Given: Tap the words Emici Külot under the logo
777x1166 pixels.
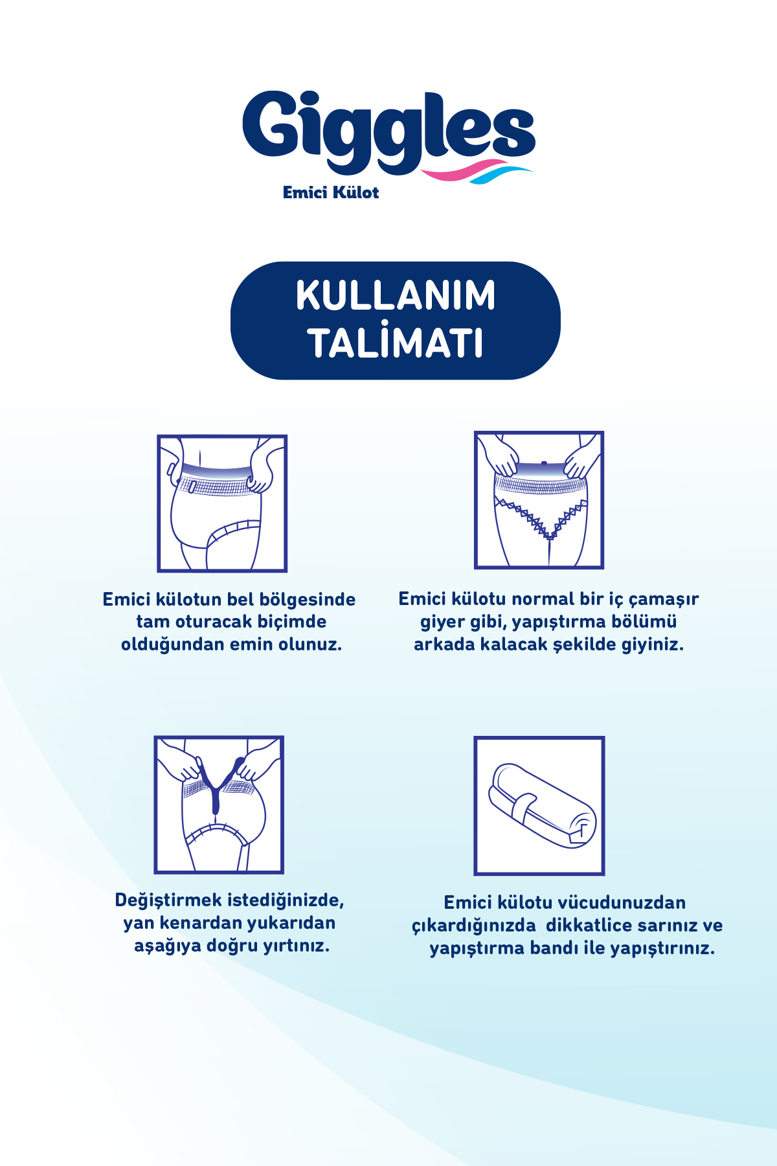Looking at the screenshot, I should point(331,192).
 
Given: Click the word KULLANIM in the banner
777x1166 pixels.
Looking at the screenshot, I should point(396,296).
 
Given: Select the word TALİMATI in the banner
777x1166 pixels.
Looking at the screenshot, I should point(396,343).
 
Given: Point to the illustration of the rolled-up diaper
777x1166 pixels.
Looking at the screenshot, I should point(539,805).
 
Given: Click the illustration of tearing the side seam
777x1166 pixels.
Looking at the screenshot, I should point(219,805).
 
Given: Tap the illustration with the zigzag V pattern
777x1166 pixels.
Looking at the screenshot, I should point(539,500).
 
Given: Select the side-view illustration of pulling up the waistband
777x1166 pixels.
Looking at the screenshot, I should point(222,503).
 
